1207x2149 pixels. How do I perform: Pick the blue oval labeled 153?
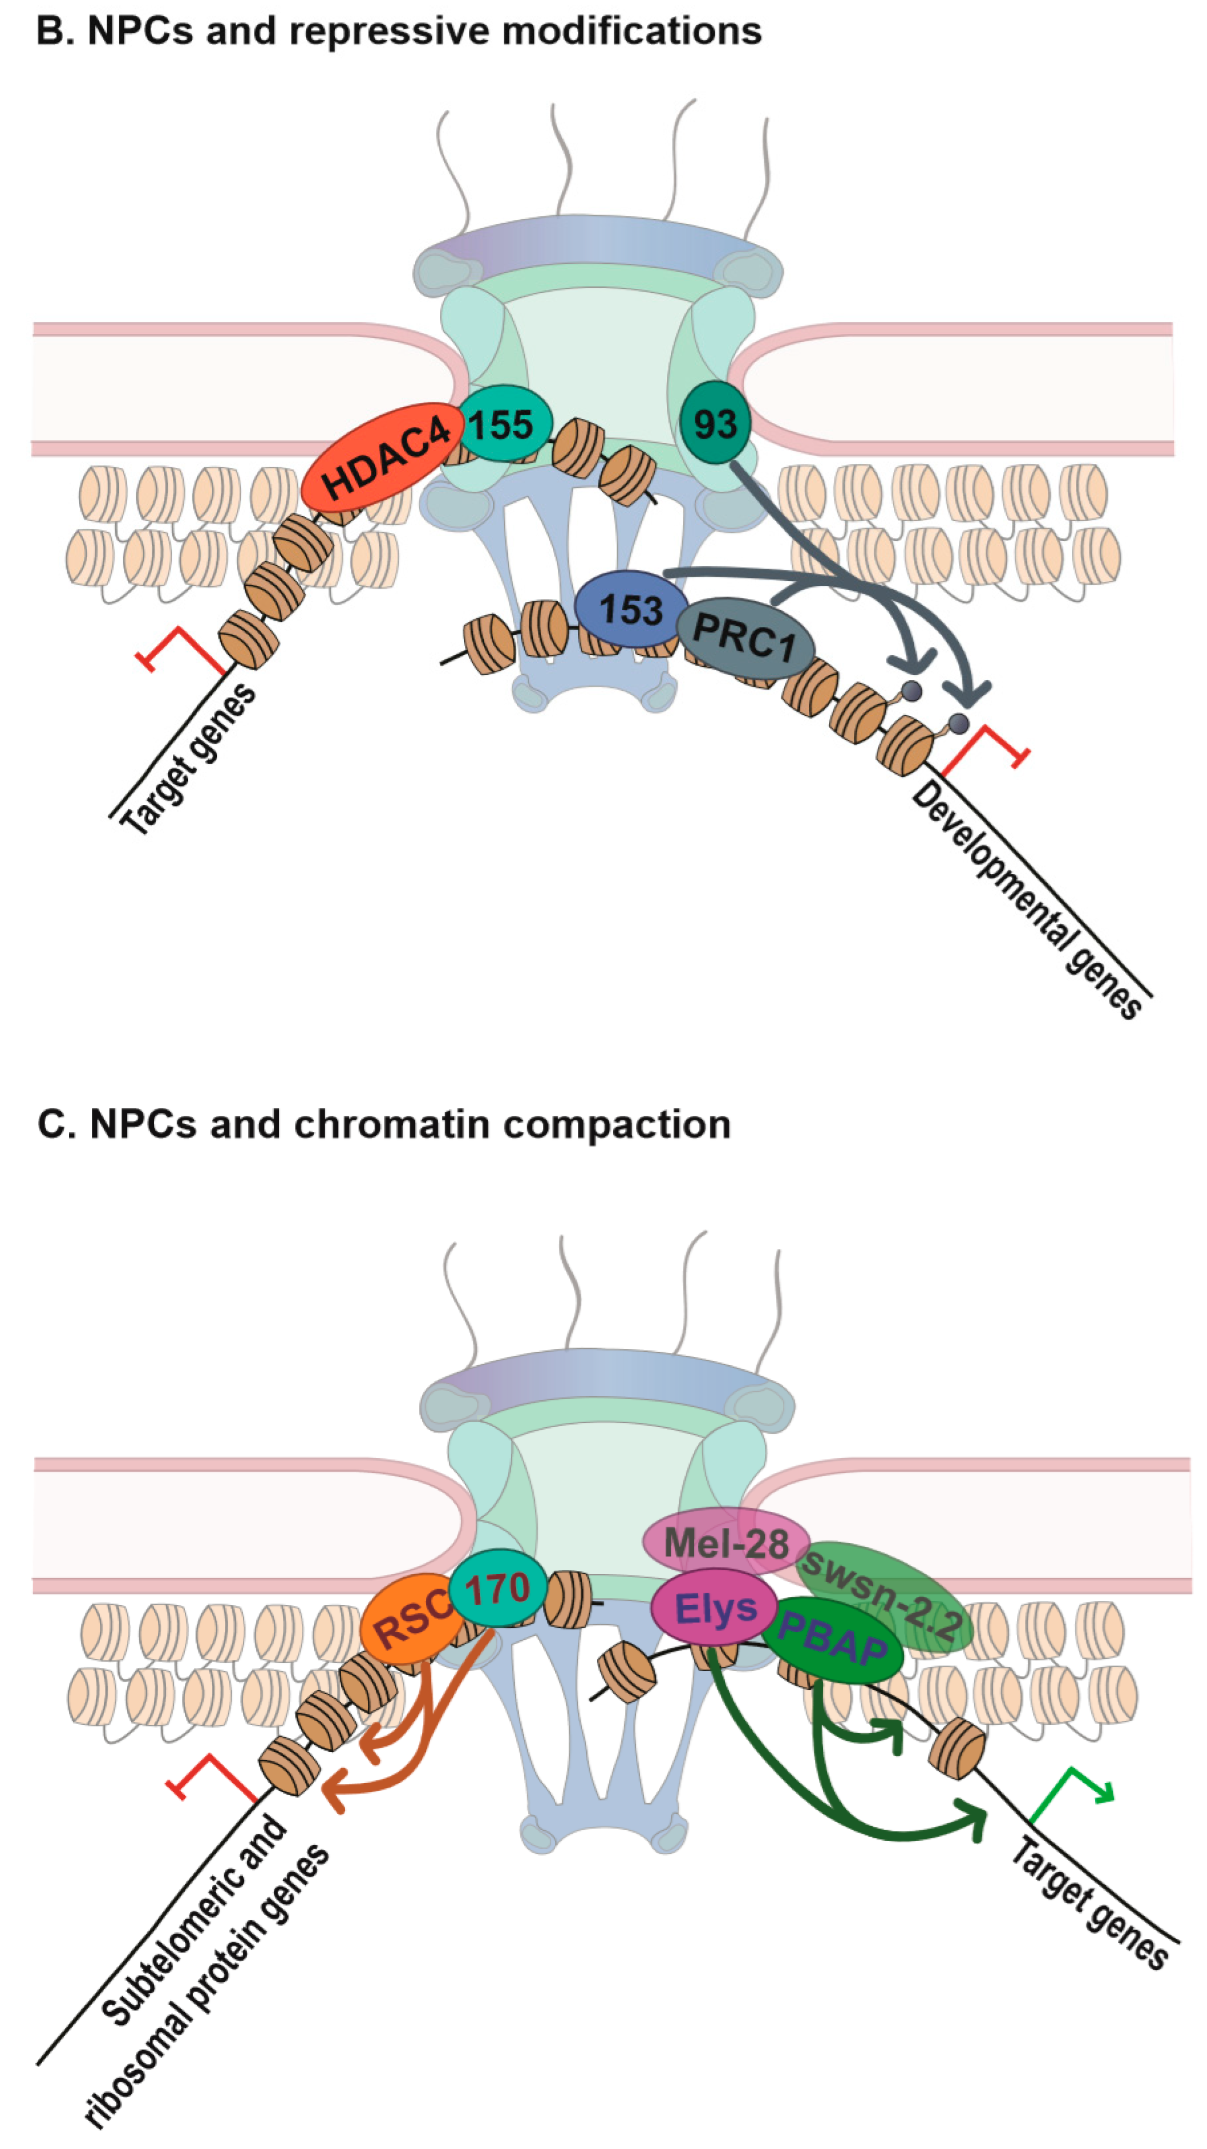pos(630,609)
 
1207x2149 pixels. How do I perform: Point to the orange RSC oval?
pos(405,1621)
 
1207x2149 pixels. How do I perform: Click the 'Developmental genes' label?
pos(1027,901)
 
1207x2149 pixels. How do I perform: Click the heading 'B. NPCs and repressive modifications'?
pos(399,31)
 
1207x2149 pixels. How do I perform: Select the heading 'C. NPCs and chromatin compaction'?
pos(384,1124)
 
